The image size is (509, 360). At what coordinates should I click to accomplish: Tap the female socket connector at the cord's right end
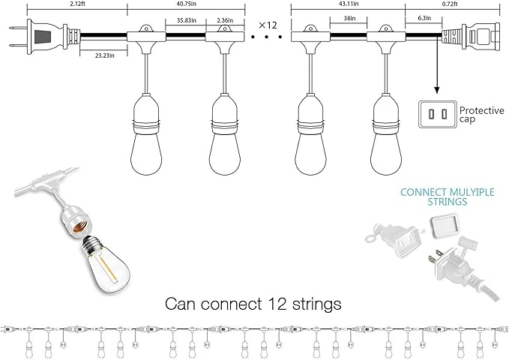pos(468,36)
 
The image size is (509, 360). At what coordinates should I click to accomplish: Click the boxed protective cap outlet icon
pos(436,114)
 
